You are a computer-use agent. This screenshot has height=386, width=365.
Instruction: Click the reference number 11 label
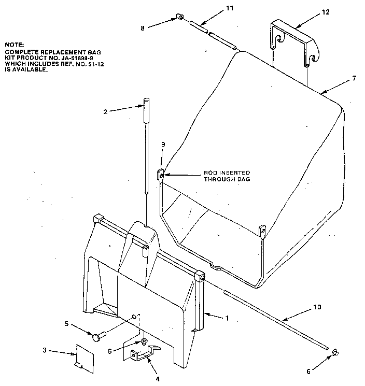click(x=216, y=9)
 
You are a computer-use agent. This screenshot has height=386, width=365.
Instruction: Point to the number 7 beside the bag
click(x=354, y=78)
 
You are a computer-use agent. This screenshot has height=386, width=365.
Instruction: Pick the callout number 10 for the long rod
click(x=317, y=307)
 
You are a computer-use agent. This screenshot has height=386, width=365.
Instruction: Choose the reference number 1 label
click(x=227, y=318)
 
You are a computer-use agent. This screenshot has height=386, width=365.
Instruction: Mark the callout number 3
click(x=45, y=351)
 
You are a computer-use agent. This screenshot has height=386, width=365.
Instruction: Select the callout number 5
click(x=66, y=324)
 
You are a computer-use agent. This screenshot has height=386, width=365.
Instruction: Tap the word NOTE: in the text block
click(x=13, y=45)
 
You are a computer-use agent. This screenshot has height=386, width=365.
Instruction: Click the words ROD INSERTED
click(x=227, y=173)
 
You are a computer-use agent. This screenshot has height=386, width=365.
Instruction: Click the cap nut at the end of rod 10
click(x=335, y=353)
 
